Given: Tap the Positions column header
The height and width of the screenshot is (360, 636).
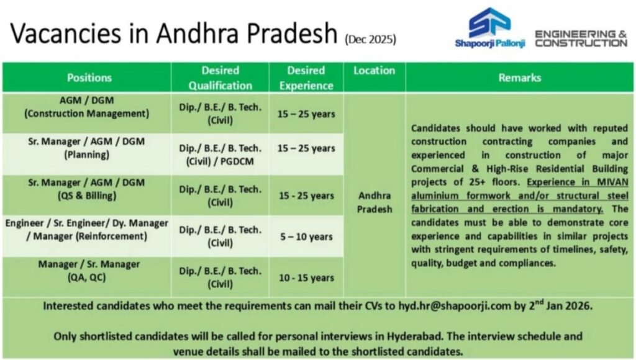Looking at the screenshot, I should click(x=89, y=78).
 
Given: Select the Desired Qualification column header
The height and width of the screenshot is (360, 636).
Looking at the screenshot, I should click(x=220, y=78).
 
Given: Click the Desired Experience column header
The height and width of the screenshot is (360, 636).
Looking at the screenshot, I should click(x=306, y=78).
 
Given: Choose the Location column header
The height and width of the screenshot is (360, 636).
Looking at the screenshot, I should click(x=374, y=71).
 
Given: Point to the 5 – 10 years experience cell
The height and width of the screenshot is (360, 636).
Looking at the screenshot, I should click(x=306, y=236).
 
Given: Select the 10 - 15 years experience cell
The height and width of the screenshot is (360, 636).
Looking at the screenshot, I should click(x=306, y=277).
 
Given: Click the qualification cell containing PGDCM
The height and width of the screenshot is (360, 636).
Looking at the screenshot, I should click(x=220, y=155).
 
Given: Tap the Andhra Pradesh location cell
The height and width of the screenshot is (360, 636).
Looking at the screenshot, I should click(x=374, y=202).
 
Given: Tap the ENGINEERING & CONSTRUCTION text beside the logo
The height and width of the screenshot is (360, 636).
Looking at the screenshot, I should click(x=581, y=38).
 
